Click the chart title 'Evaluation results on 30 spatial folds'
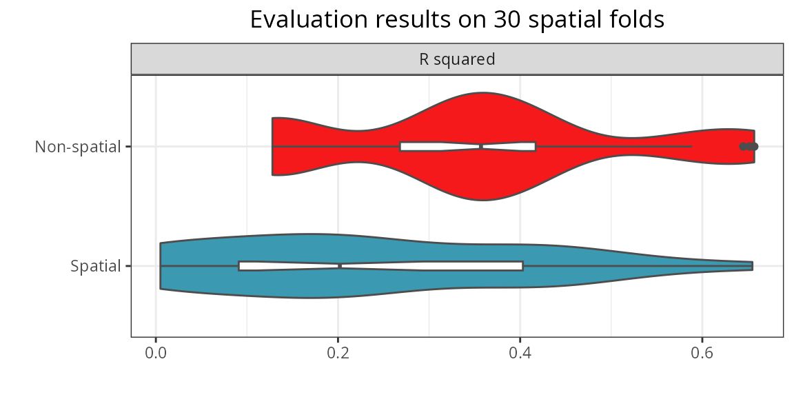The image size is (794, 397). tap(457, 19)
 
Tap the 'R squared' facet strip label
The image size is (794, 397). tap(457, 59)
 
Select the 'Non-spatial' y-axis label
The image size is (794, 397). tap(78, 147)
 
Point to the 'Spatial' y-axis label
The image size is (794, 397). tap(95, 266)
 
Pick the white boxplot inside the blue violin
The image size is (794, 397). tap(414, 266)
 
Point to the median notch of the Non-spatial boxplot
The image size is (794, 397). tap(481, 146)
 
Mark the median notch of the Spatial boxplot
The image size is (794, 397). tap(340, 266)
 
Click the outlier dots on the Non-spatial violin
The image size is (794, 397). tap(749, 146)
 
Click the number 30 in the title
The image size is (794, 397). tap(506, 19)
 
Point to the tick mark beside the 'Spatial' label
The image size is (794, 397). tap(128, 266)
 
